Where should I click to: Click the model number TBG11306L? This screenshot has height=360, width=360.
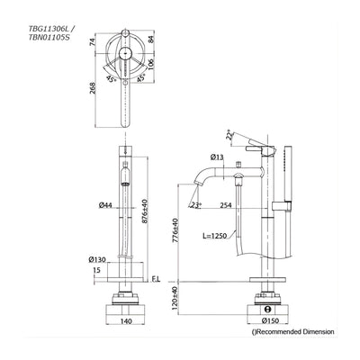pos(49,30)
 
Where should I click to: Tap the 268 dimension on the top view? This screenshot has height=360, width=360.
pos(93,88)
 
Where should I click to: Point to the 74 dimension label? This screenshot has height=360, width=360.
pos(92,41)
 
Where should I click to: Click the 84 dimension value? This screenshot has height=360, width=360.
pos(151,40)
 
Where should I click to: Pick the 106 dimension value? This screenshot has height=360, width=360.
pos(151,64)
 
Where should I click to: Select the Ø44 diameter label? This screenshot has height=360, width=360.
pos(105,205)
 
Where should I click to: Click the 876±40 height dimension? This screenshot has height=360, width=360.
pos(145,211)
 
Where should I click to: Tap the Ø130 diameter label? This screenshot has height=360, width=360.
pos(97,260)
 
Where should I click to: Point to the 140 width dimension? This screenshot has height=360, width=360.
pos(126,321)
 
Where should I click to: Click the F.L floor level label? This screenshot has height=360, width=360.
pos(156,280)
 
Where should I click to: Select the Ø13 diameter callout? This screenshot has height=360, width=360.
pos(217,157)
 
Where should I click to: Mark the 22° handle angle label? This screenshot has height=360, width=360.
pos(229,136)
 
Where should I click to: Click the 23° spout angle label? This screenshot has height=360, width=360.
pos(196,205)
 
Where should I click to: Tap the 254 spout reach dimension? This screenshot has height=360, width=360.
pos(226,205)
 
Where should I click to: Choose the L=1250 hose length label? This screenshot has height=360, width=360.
pos(214,236)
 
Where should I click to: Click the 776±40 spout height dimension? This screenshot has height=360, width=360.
pos(175,230)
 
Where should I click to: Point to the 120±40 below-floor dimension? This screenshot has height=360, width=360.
pos(175,299)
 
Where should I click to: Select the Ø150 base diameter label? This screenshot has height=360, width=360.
pos(270,321)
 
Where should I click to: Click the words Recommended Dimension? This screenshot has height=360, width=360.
pos(295,332)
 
